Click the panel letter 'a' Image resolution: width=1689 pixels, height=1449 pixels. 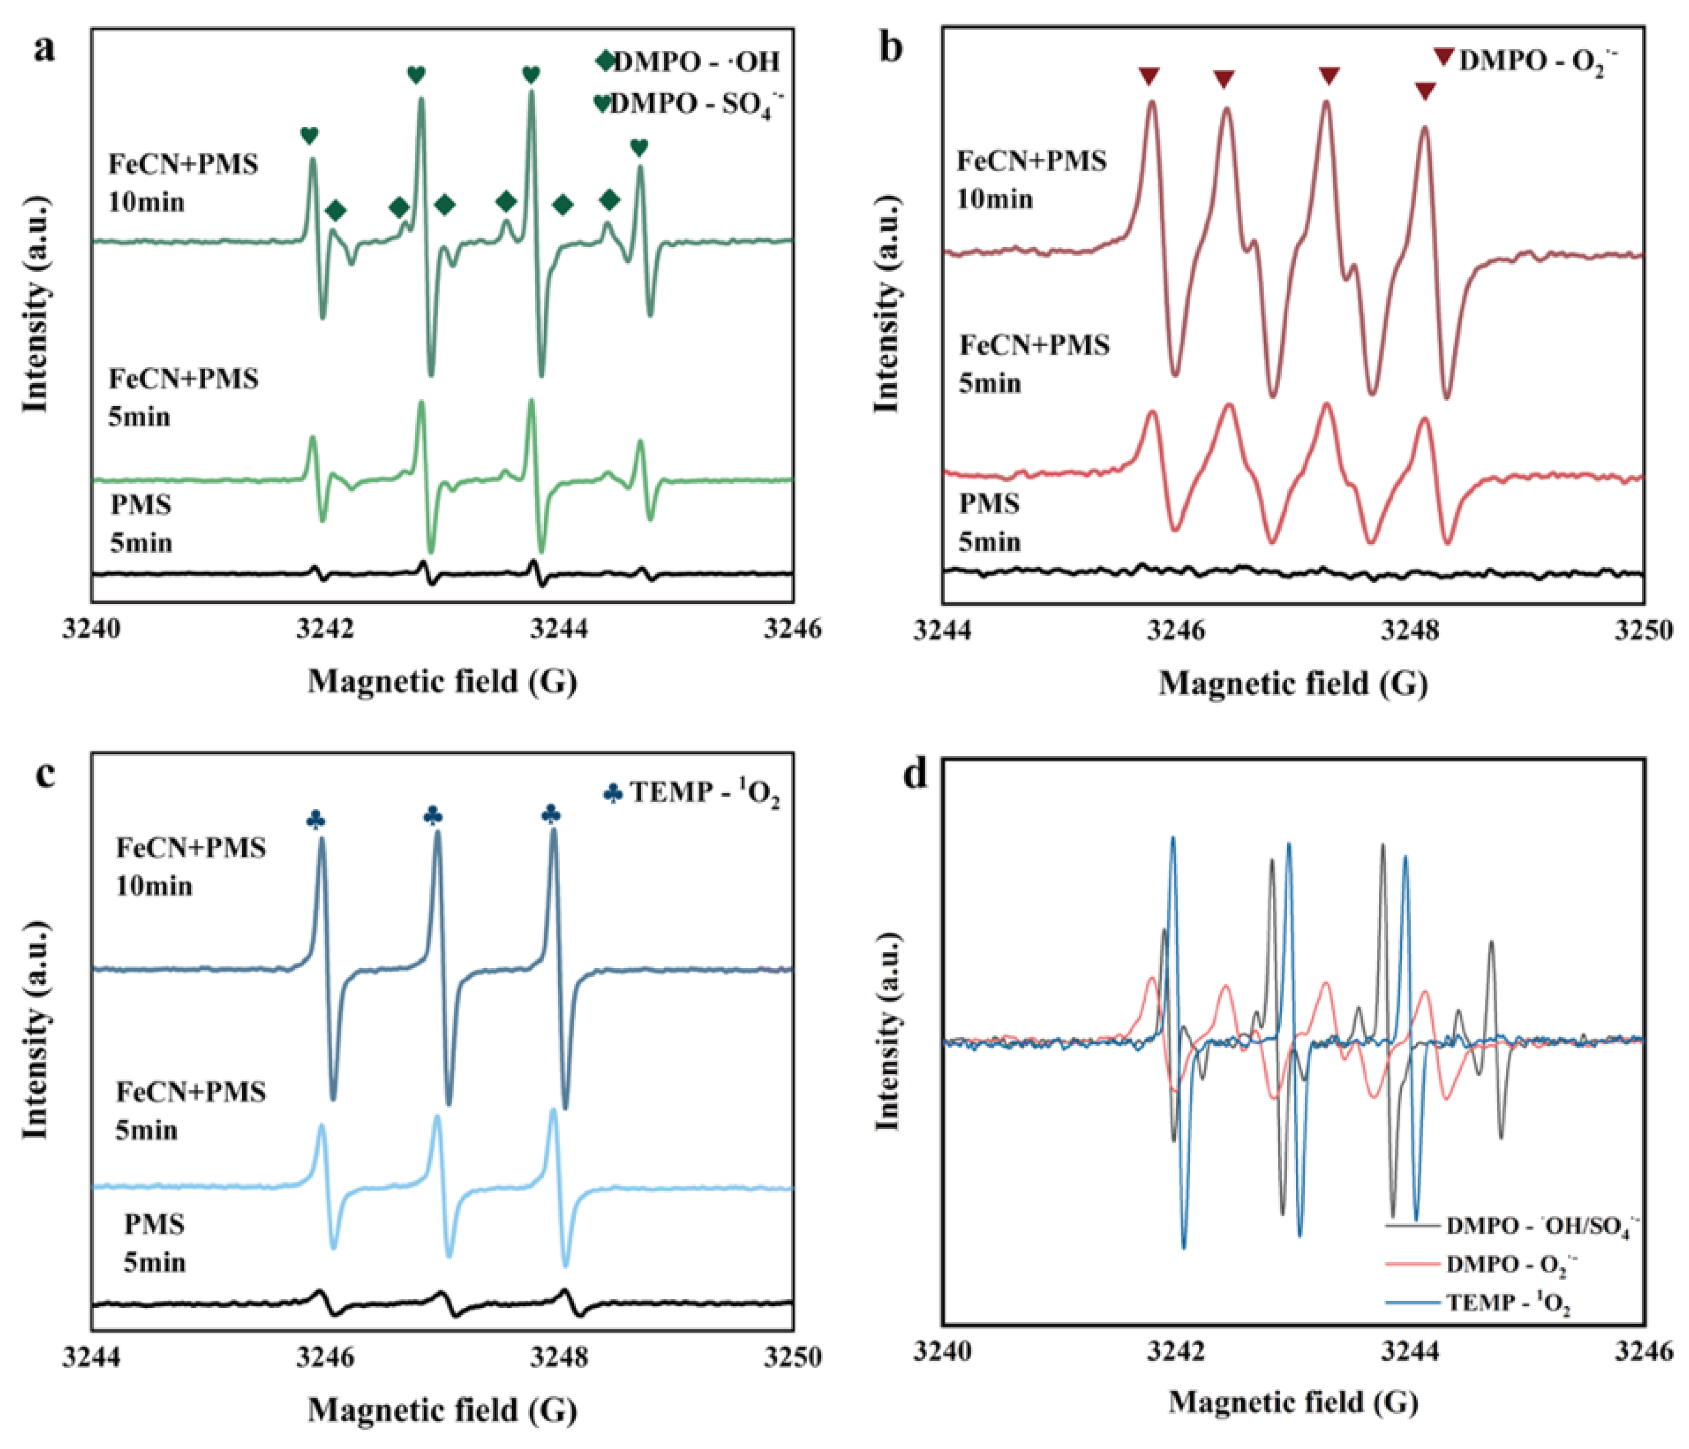coord(45,50)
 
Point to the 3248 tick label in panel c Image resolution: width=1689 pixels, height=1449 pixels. coord(559,1357)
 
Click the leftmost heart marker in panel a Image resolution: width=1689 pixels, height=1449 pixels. coord(309,135)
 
